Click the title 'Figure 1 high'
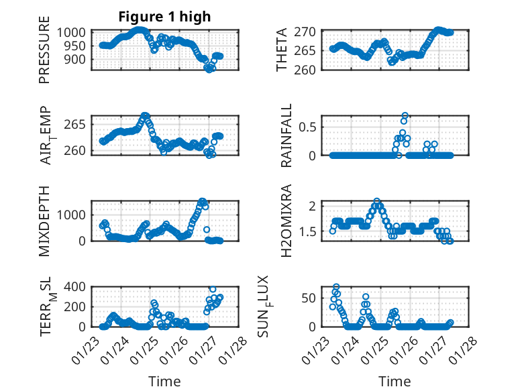point(164,17)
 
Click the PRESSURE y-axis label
point(44,54)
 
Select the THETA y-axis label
point(282,50)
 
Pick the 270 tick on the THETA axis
point(309,32)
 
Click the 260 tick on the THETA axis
point(309,69)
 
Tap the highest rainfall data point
point(405,115)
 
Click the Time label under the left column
point(164,382)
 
